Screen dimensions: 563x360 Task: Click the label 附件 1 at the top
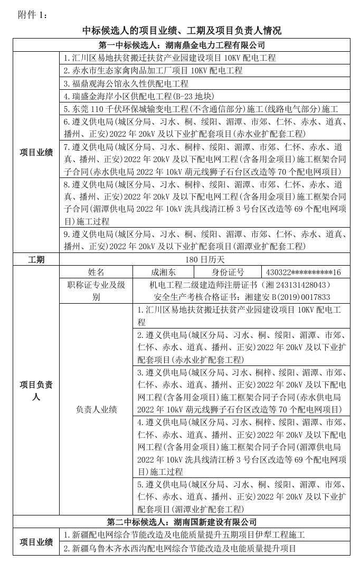tap(32, 14)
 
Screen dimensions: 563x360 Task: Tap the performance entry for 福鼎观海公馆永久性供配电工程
tap(126, 83)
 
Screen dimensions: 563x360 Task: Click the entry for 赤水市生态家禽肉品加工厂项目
tap(153, 71)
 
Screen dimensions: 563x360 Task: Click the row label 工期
tap(36, 259)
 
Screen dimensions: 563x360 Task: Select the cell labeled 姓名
tap(96, 272)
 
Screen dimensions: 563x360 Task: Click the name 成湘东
tap(164, 272)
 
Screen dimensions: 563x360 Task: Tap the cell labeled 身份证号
tap(228, 272)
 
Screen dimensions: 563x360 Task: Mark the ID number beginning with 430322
tap(304, 272)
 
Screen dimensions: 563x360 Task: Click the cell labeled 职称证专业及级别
tap(96, 290)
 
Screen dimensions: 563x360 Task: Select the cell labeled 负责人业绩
tap(96, 409)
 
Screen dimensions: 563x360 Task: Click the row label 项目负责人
tap(36, 391)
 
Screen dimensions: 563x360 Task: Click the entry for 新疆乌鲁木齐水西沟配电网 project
tap(179, 548)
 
